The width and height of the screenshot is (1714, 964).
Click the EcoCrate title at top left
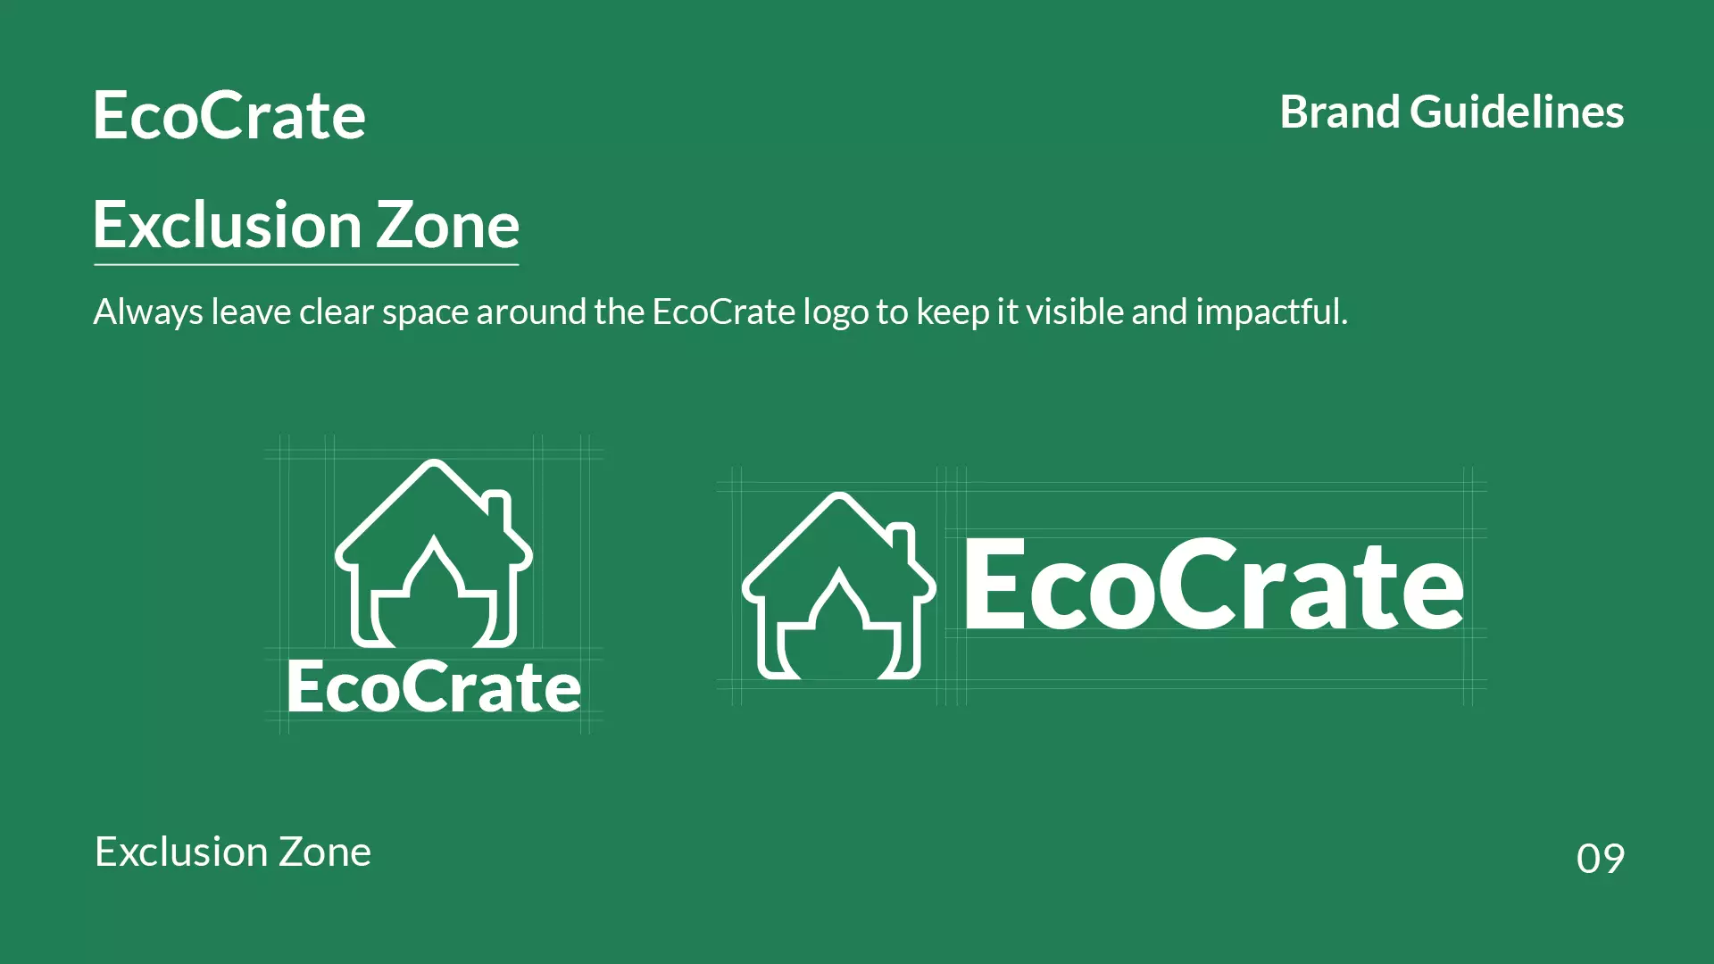tap(229, 116)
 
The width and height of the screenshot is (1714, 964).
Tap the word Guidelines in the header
tap(1516, 112)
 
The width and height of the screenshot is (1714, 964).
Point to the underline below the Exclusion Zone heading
tap(306, 265)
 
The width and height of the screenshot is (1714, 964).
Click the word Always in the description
tap(148, 312)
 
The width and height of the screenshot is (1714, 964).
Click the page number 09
tap(1600, 859)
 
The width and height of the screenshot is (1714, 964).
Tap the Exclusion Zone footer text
tap(232, 852)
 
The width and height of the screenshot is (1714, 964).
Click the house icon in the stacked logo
tap(434, 553)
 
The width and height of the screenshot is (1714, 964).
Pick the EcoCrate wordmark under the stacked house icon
tap(434, 687)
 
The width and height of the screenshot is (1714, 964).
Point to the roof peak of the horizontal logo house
tap(838, 497)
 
